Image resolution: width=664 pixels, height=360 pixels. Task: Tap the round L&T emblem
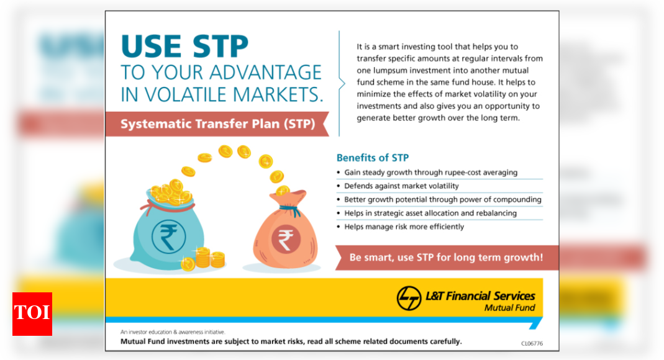[x=409, y=298]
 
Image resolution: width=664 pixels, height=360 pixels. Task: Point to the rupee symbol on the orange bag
[x=285, y=239]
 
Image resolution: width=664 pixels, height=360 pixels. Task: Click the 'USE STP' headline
[x=185, y=47]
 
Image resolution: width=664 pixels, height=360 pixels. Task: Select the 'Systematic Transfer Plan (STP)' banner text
[x=217, y=124]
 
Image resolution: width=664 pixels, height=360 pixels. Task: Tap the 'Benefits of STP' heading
[x=373, y=158]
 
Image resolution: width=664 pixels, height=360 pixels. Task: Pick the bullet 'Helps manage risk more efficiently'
[x=404, y=227]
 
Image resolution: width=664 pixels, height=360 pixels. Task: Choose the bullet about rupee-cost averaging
[x=430, y=172]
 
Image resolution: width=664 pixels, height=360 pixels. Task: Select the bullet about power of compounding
[x=443, y=199]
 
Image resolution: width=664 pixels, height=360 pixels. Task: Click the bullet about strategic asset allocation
[x=430, y=213]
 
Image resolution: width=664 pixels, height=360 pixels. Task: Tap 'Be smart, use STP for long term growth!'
[x=446, y=257]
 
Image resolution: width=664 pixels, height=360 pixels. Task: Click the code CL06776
[x=532, y=343]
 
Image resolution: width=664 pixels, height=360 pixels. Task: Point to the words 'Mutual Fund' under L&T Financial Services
[x=509, y=308]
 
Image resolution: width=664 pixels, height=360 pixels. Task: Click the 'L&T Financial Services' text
[x=480, y=295]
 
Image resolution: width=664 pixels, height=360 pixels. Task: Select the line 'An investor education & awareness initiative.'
[x=173, y=332]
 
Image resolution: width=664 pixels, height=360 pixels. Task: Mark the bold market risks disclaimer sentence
[x=291, y=341]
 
